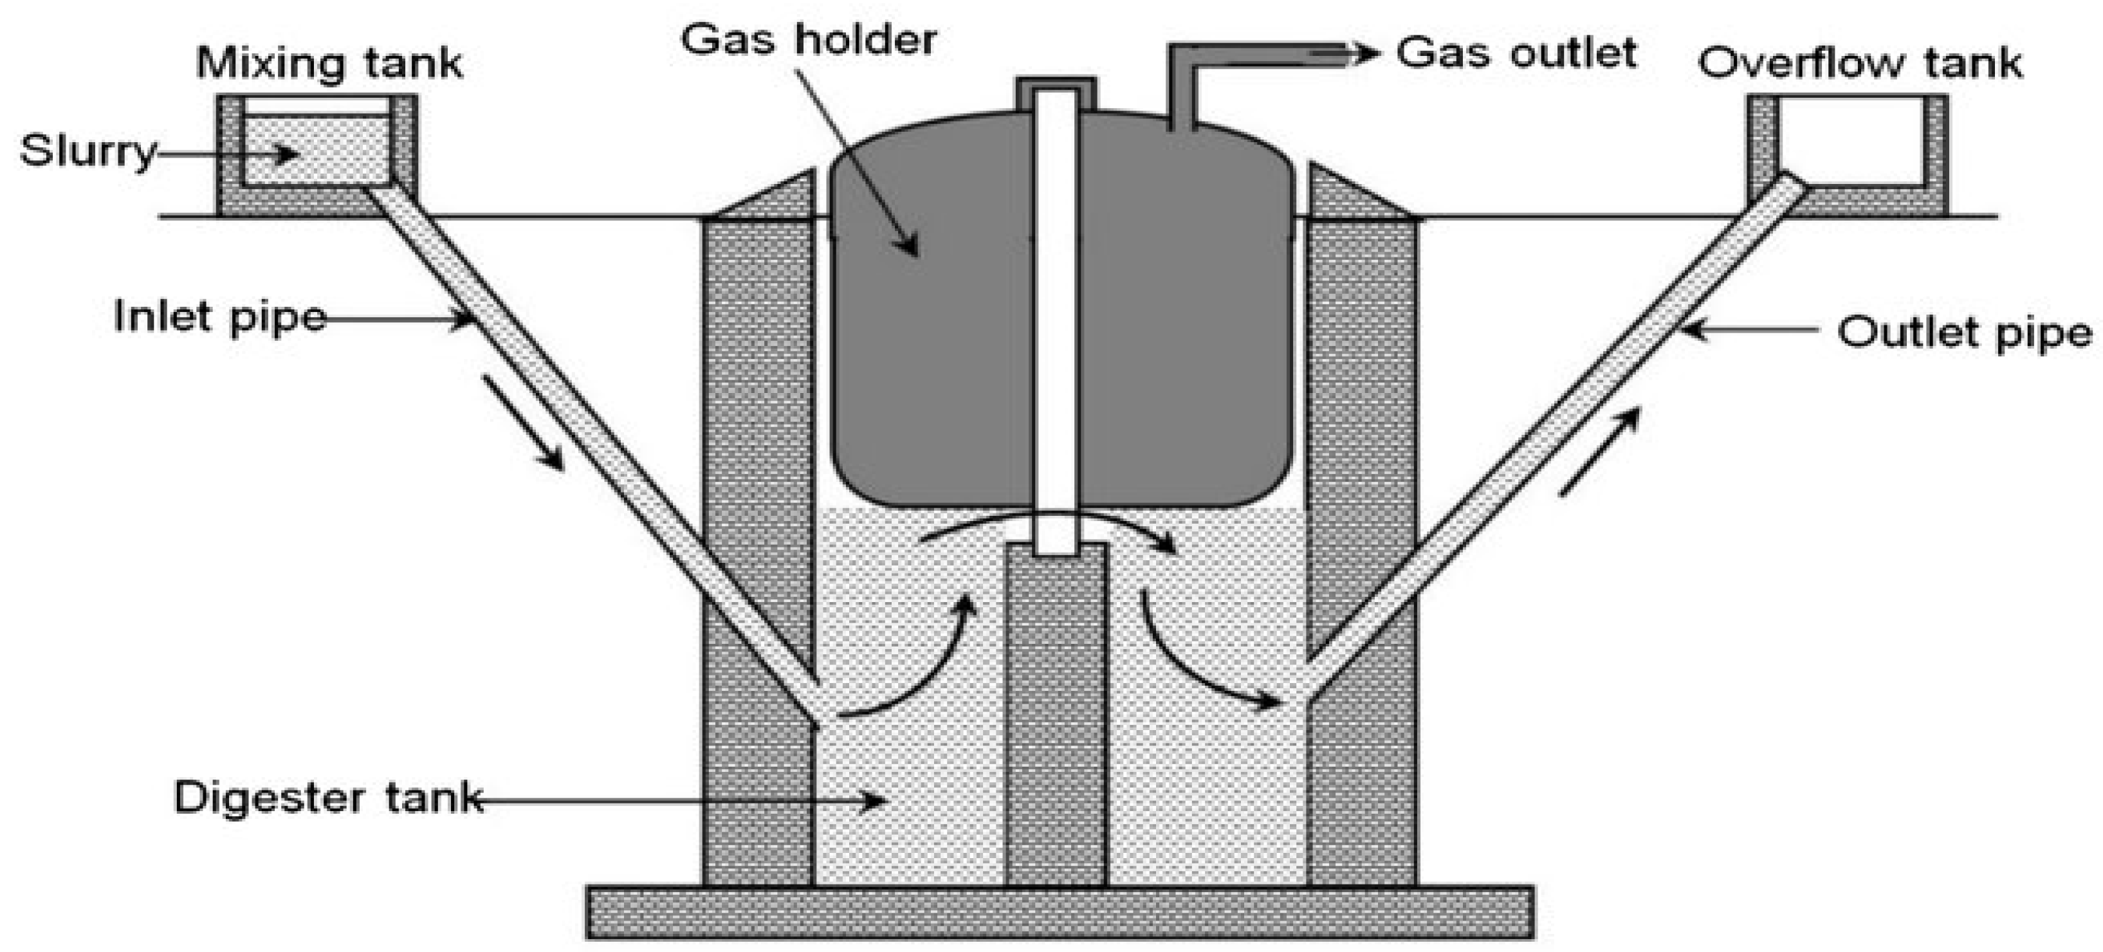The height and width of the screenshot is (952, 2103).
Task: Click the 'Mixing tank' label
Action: (329, 63)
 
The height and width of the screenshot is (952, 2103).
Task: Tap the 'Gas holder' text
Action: (808, 39)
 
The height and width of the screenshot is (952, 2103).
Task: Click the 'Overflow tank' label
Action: (1860, 63)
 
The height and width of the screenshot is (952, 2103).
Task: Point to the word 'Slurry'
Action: (87, 151)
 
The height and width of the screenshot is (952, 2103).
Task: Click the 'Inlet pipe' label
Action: (219, 316)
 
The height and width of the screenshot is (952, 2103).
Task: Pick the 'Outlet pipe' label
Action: (1964, 333)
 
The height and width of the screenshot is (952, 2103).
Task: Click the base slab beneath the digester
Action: (1060, 911)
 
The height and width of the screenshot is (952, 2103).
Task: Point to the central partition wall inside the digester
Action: (1056, 719)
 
